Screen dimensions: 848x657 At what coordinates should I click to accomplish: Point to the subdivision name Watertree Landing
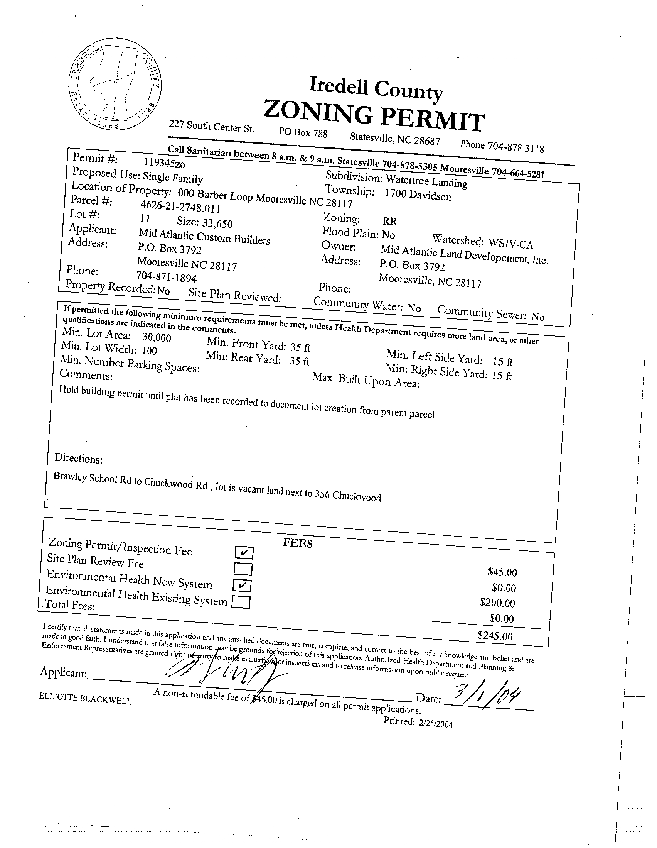[x=426, y=181]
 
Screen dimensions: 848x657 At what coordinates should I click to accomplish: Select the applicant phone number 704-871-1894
[x=167, y=277]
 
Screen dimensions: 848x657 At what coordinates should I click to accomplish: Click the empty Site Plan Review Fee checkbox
[x=243, y=569]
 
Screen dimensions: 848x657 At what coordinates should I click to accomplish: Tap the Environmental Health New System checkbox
[x=243, y=585]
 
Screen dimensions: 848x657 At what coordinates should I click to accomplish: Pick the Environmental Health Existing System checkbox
[x=241, y=602]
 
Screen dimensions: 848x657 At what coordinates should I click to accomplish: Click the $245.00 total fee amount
[x=495, y=636]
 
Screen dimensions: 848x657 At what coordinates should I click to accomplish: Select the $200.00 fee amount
[x=498, y=603]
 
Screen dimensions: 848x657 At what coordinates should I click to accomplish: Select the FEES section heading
[x=298, y=543]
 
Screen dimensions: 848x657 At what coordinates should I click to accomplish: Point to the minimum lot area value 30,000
[x=157, y=337]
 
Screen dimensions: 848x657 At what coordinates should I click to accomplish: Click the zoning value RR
[x=390, y=221]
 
